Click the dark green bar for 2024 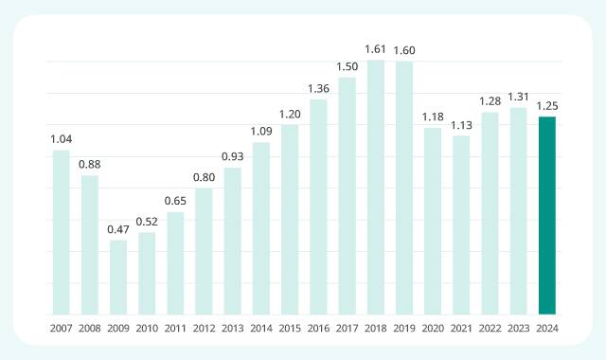point(546,215)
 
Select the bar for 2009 point(118,277)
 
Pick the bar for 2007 point(62,232)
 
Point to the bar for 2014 point(261,228)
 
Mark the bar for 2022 point(490,213)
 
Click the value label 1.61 point(376,47)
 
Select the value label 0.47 point(118,228)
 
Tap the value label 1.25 point(546,105)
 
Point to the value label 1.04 point(62,138)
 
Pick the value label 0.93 point(233,155)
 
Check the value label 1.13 point(461,124)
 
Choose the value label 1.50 point(348,65)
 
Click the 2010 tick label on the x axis point(147,327)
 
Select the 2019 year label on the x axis point(404,327)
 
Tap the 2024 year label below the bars point(546,327)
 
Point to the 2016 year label point(318,327)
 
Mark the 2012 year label point(205,327)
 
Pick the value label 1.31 point(518,96)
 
